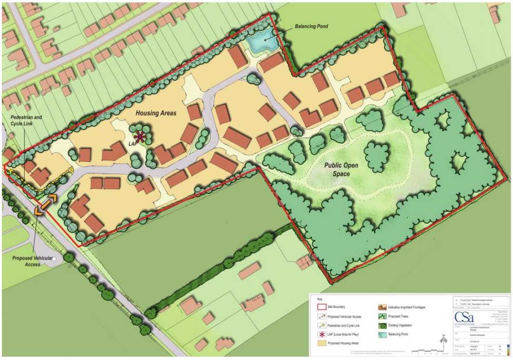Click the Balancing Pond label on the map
click(311, 26)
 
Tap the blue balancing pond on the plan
click(259, 43)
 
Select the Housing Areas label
click(156, 113)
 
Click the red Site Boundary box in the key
click(321, 307)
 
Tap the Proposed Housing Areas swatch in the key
click(321, 343)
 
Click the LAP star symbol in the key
click(321, 334)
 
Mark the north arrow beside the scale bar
click(444, 341)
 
